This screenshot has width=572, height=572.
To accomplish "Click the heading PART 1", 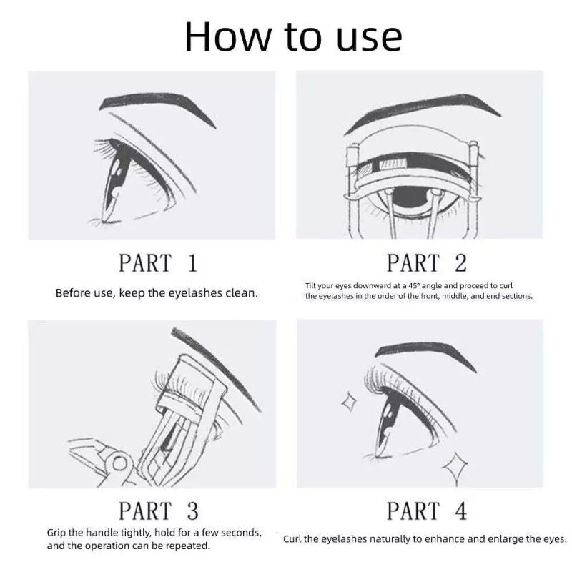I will pyautogui.click(x=157, y=263).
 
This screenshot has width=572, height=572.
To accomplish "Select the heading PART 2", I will pyautogui.click(x=426, y=263).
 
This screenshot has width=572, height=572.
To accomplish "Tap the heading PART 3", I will pyautogui.click(x=157, y=511).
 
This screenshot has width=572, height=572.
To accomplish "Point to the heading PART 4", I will pyautogui.click(x=426, y=511).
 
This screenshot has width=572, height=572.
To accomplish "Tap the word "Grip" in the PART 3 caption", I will pyautogui.click(x=58, y=533).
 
